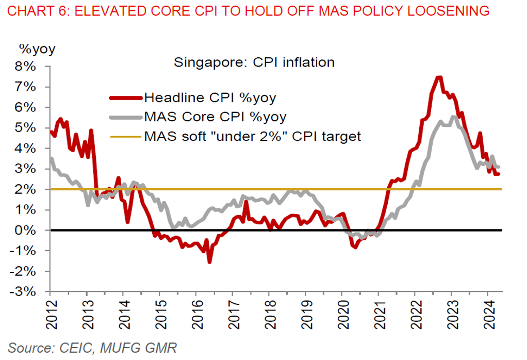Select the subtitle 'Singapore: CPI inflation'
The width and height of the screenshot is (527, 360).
point(254,63)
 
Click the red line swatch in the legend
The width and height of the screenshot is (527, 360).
point(125,97)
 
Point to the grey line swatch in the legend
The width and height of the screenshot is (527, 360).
point(125,117)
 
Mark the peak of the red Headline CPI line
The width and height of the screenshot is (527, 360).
point(439,77)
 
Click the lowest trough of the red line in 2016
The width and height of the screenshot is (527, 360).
point(209,261)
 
